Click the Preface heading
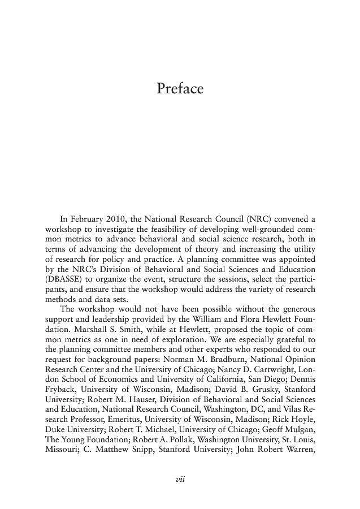click(x=179, y=89)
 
